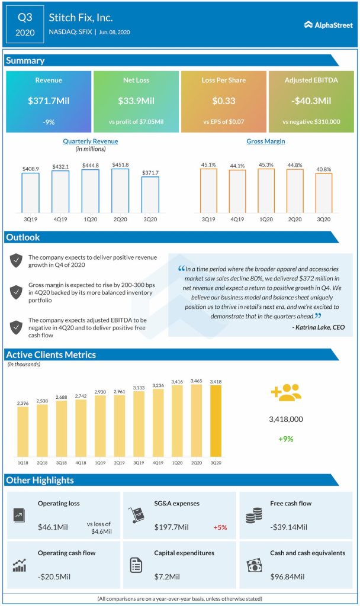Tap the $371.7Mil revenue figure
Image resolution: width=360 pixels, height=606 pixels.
click(x=49, y=101)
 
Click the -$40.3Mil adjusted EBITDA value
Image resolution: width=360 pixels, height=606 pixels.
click(x=311, y=101)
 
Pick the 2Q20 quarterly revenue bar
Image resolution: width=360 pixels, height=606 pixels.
click(x=120, y=191)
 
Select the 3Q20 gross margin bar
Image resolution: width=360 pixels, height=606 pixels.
click(x=324, y=193)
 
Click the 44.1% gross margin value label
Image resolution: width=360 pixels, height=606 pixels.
click(x=237, y=166)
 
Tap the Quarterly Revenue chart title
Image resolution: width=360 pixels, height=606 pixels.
click(x=91, y=141)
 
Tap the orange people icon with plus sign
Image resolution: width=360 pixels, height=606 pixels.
click(x=286, y=393)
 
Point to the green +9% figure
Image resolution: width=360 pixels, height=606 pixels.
click(x=287, y=439)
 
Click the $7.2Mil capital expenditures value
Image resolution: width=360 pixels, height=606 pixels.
click(x=168, y=576)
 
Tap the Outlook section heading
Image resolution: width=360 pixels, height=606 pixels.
click(x=23, y=237)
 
